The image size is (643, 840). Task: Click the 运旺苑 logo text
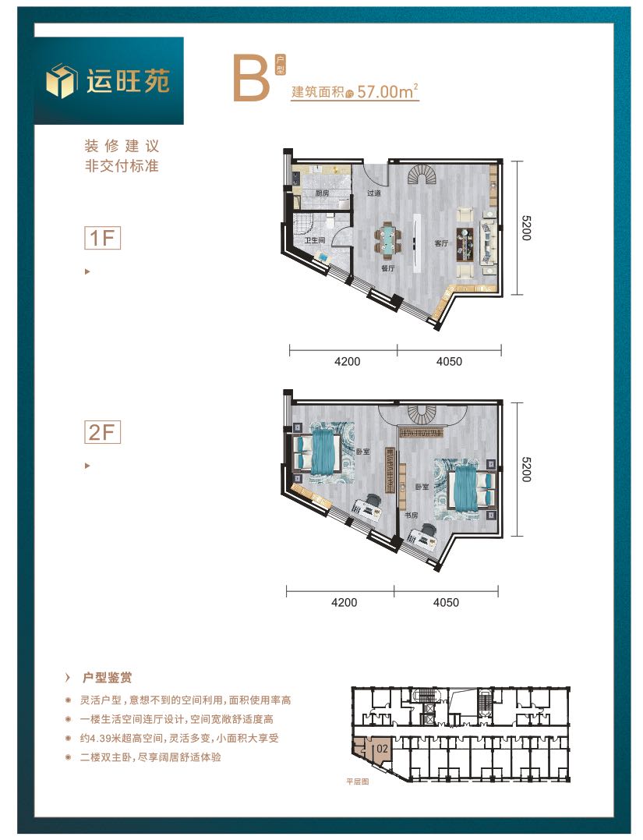tap(128, 81)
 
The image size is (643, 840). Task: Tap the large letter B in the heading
tap(250, 78)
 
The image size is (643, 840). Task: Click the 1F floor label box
tap(102, 238)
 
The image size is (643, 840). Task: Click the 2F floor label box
tap(102, 432)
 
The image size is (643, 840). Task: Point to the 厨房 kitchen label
tap(322, 193)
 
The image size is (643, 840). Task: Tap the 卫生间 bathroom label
tap(314, 240)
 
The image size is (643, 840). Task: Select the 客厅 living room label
tap(441, 243)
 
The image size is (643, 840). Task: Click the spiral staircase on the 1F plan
tap(422, 174)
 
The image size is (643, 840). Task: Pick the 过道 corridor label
tap(373, 193)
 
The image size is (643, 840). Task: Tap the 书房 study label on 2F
tap(412, 515)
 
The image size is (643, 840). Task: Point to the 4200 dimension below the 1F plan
tap(347, 362)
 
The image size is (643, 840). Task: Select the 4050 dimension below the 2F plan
tap(446, 603)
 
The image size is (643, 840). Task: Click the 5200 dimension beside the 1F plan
tap(526, 228)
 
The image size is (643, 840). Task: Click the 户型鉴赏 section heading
tap(107, 678)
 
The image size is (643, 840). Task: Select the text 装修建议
tap(122, 146)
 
